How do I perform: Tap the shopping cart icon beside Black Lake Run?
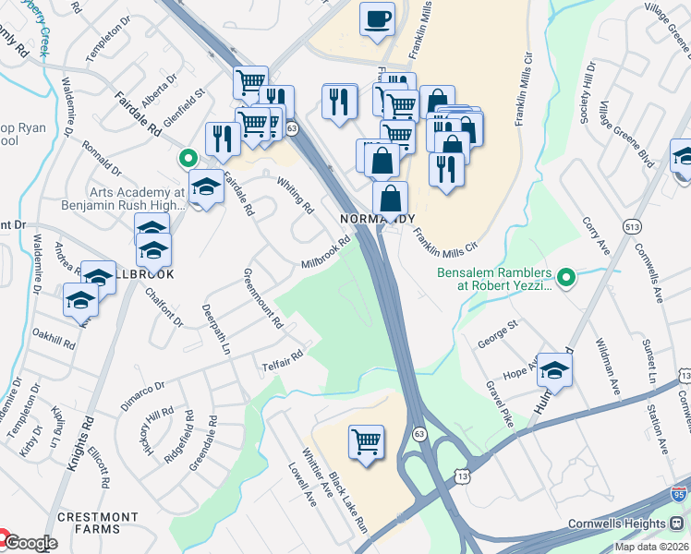tap(367, 441)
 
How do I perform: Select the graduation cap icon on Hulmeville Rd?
tap(554, 370)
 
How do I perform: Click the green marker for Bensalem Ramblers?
tap(568, 275)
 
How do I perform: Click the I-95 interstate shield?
tap(680, 494)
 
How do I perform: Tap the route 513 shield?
tap(633, 227)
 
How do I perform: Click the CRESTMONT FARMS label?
tap(89, 523)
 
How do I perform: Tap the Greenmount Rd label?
tap(263, 298)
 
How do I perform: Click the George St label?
tap(498, 334)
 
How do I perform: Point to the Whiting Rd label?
tap(297, 194)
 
